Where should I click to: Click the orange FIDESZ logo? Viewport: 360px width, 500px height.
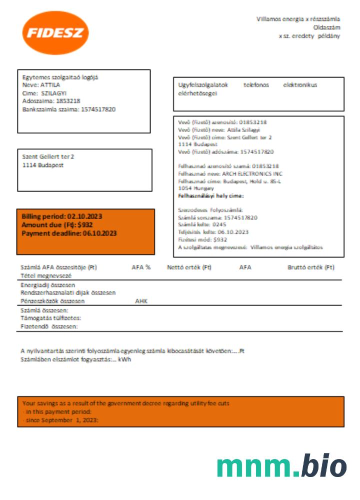coord(55,33)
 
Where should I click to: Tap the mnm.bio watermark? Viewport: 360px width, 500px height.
coord(281,466)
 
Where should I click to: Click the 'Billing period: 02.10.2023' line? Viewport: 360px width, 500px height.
coord(62,216)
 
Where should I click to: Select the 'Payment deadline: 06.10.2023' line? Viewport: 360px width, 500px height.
coord(69,233)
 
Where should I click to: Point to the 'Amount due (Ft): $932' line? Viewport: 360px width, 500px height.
coord(57,225)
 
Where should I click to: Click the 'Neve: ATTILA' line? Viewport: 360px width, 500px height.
coord(41,85)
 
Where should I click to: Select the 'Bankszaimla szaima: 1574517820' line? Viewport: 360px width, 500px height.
coord(69,108)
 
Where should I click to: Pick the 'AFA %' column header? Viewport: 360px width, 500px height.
coord(141,267)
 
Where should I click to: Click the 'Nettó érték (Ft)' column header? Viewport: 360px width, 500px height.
coord(189,267)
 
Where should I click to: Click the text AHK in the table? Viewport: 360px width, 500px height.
coord(141,301)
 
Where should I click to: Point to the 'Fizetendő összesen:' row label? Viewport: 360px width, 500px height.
coord(49,326)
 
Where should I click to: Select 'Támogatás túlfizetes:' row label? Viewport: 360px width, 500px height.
coord(50,318)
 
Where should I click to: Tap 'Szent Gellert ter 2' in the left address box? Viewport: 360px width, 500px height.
coord(48,156)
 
